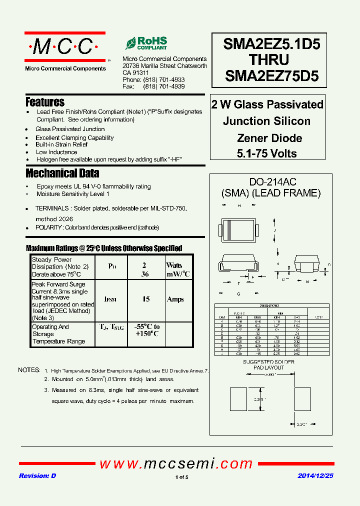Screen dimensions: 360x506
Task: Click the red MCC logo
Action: tap(65, 47)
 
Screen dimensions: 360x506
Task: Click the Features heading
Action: tap(45, 102)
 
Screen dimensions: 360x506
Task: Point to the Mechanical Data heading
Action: tap(62, 173)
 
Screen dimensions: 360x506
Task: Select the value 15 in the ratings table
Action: tap(146, 299)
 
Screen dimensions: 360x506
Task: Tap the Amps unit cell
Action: tap(175, 299)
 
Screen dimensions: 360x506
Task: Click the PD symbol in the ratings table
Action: tap(111, 266)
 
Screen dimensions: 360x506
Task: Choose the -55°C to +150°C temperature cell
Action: tap(147, 330)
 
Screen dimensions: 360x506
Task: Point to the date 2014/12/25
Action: tap(315, 476)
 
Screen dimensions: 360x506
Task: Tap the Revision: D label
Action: tap(37, 476)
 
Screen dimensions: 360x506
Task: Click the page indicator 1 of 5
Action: tap(182, 477)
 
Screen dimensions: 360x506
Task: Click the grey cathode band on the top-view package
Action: tap(229, 230)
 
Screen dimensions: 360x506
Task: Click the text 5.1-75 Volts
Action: tap(267, 153)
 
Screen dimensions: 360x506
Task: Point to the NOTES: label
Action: tap(29, 370)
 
